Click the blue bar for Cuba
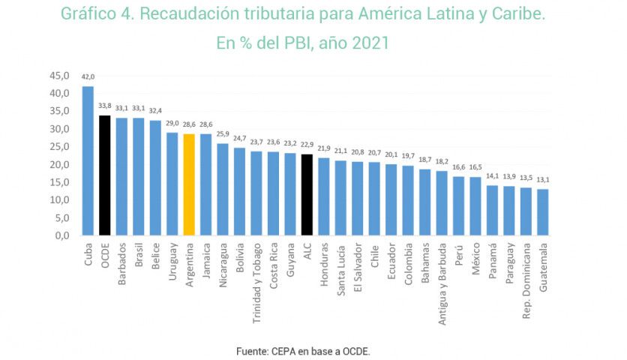click(88, 160)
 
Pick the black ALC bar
click(307, 194)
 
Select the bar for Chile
click(374, 198)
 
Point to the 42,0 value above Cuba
click(88, 77)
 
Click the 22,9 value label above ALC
click(307, 145)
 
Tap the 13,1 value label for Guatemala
click(542, 180)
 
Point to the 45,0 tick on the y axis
click(59, 76)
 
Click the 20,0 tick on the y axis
click(59, 164)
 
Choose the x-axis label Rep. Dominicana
click(526, 276)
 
